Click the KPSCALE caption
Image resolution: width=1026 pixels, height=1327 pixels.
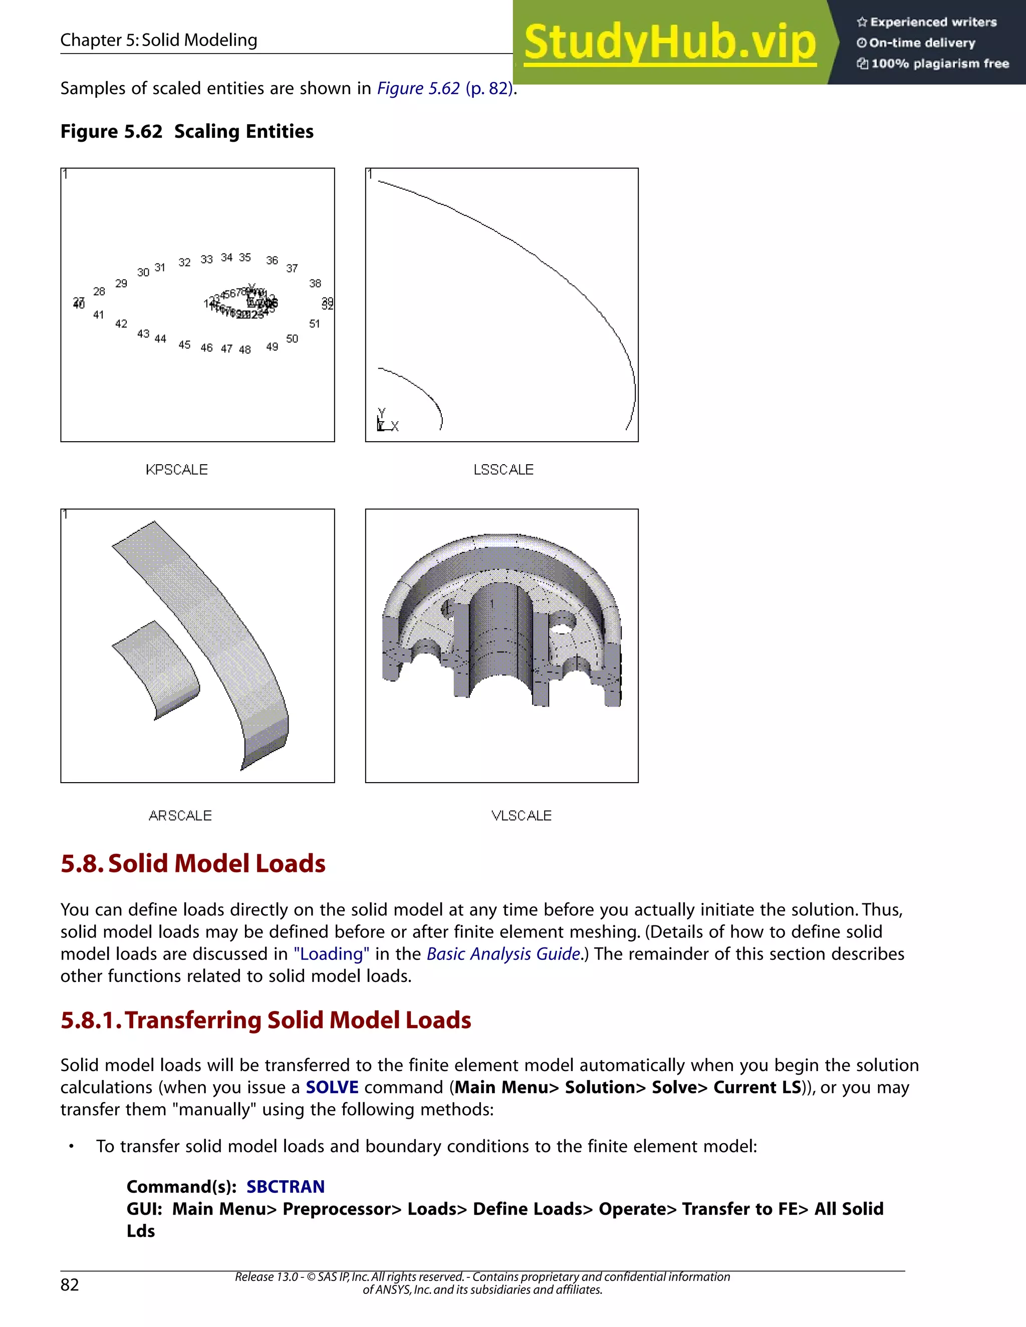pos(176,470)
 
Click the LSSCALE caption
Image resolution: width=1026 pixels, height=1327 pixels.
pos(503,470)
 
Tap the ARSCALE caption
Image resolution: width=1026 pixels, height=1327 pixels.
pos(180,815)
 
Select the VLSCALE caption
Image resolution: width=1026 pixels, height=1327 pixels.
pos(521,815)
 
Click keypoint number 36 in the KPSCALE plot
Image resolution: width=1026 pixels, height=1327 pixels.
pos(272,260)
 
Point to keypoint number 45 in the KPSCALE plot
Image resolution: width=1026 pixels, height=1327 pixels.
pos(184,345)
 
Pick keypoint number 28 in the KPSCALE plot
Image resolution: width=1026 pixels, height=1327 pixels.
pos(99,291)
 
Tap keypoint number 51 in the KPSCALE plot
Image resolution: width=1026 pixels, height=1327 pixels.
pos(314,324)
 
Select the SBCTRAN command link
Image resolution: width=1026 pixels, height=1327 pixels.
pos(285,1187)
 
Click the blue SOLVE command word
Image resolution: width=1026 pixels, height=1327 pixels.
pos(332,1087)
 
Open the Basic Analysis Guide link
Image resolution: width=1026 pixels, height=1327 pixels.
pos(502,954)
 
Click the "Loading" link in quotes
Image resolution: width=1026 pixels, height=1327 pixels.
pos(331,954)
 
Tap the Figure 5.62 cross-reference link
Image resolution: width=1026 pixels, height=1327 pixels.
pos(418,88)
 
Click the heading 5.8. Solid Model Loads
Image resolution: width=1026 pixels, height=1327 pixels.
pos(193,863)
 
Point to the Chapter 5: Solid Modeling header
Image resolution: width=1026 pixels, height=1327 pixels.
pos(159,40)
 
